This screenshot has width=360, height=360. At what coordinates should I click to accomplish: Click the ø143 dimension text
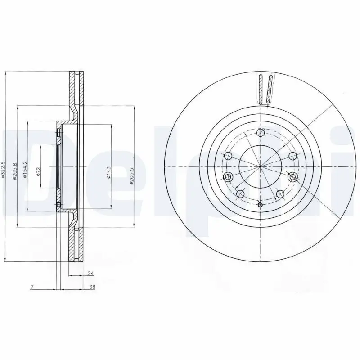point(108,173)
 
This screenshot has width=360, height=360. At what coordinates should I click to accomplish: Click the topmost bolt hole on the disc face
point(260,132)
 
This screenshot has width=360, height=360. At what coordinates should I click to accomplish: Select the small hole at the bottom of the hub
point(260,205)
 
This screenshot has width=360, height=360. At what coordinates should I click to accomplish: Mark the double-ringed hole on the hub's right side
point(293,177)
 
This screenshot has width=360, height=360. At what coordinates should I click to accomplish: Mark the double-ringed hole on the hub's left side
point(228,176)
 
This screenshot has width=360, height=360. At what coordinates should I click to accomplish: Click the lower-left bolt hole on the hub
point(240,194)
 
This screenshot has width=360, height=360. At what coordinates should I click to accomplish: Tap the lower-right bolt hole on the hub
point(280,194)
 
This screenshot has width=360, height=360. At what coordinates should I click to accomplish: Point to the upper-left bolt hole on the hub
point(228,156)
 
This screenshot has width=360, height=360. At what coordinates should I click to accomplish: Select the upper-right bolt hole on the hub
point(293,156)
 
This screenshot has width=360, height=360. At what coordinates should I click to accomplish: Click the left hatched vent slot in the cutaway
point(261,89)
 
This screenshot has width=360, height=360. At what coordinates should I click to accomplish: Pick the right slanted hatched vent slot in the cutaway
point(269,89)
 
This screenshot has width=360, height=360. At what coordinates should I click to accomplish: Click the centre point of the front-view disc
point(260,166)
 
